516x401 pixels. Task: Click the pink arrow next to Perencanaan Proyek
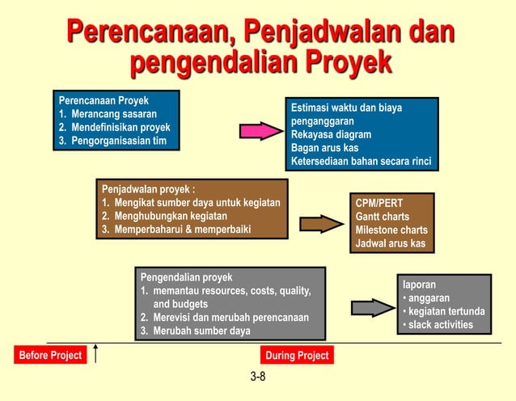260,131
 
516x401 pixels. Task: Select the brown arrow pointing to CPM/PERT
321,224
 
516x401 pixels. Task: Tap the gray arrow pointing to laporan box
372,307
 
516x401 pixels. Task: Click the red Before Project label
50,356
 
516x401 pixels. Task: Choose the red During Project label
297,356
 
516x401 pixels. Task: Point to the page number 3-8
258,377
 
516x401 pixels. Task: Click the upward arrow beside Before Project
96,353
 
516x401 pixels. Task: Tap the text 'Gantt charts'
383,217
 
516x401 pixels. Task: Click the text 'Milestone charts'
391,230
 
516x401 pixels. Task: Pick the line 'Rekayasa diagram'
332,134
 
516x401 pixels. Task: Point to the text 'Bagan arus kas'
325,148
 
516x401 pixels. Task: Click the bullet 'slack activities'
440,325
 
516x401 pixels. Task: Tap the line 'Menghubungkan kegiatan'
164,216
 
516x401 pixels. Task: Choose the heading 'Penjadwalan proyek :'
148,189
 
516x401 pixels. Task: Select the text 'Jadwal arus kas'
391,243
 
